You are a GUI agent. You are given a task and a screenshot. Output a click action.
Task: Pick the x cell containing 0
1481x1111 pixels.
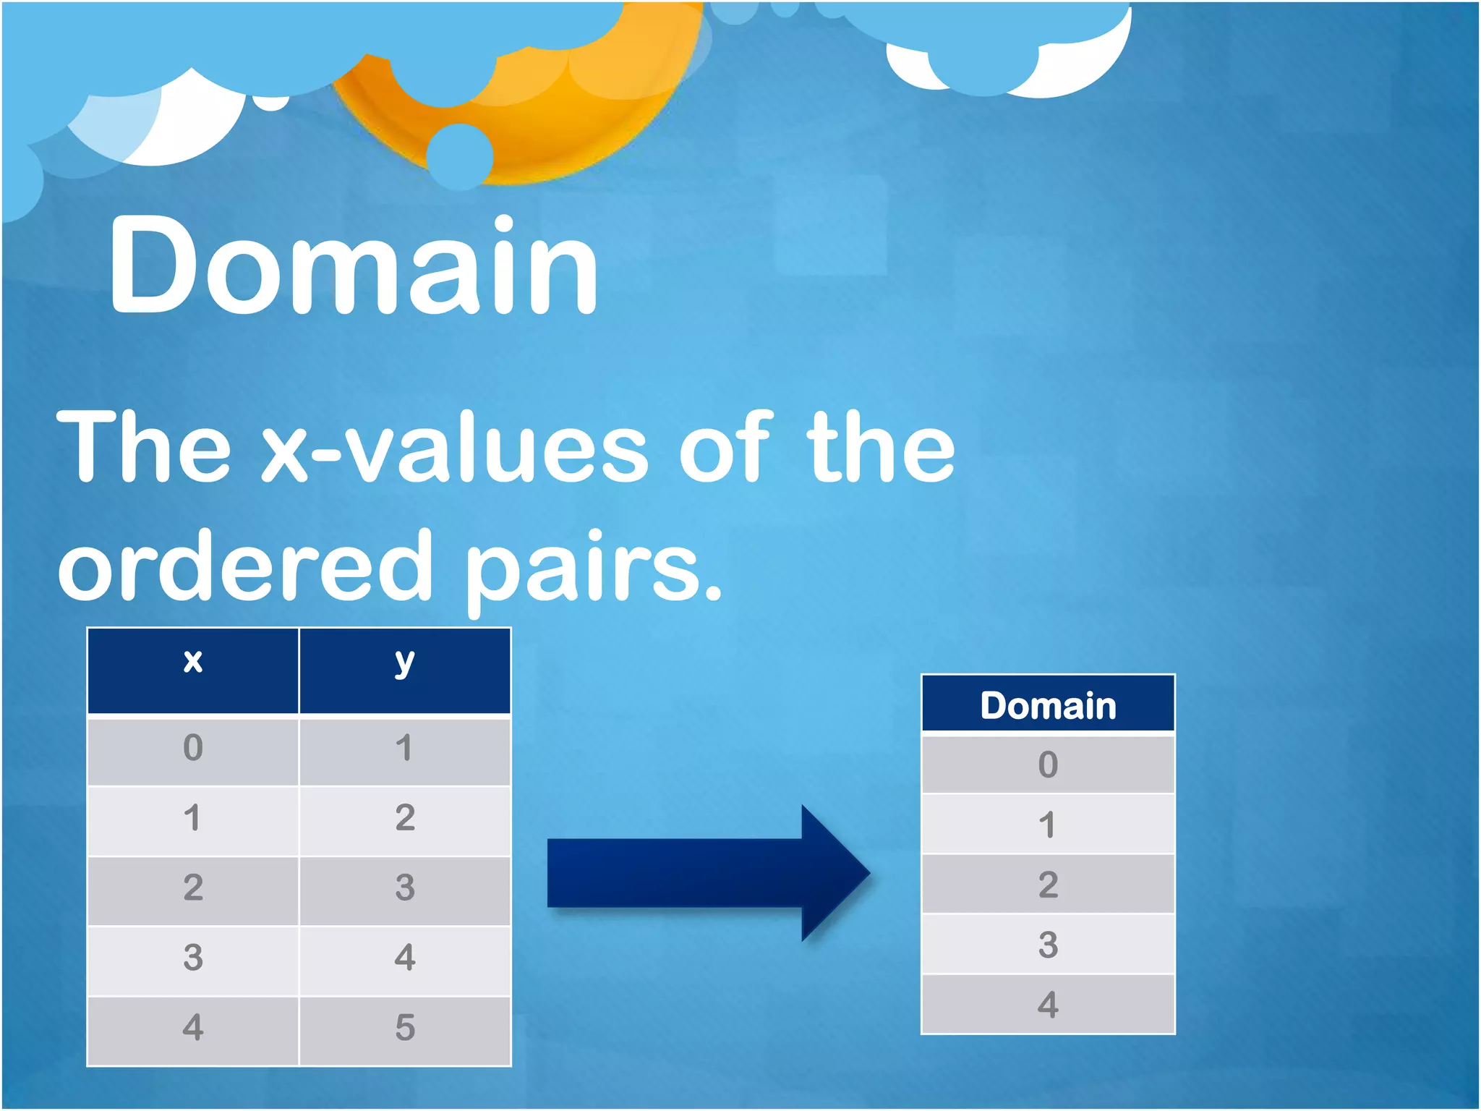pyautogui.click(x=193, y=749)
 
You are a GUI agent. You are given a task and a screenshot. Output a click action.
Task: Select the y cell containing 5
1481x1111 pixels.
pyautogui.click(x=405, y=1029)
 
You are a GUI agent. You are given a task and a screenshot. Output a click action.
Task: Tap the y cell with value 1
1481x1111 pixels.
pyautogui.click(x=405, y=749)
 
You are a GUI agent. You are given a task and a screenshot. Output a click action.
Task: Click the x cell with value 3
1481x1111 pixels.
pyautogui.click(x=193, y=958)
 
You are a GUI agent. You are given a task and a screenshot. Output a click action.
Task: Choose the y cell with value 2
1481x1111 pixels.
pyautogui.click(x=405, y=819)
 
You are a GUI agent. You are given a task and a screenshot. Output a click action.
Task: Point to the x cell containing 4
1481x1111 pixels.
pyautogui.click(x=193, y=1029)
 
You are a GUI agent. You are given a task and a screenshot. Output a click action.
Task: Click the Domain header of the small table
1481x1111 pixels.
pyautogui.click(x=1048, y=705)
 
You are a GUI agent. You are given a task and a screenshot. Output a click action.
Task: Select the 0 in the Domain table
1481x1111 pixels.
pyautogui.click(x=1048, y=765)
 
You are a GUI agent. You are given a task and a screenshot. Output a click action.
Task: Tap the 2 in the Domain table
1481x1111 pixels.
pyautogui.click(x=1048, y=885)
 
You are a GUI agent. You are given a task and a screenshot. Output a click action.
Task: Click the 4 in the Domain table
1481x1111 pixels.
pyautogui.click(x=1048, y=1005)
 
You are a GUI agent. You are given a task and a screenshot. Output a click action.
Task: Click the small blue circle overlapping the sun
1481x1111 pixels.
pyautogui.click(x=460, y=156)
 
